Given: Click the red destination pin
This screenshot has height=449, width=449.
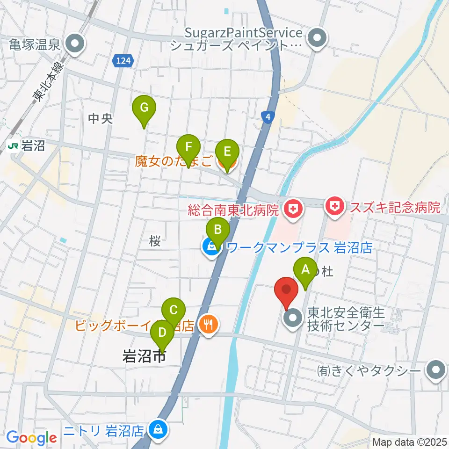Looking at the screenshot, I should [x=287, y=290].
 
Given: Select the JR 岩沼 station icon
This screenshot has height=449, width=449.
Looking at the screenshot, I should [x=13, y=146].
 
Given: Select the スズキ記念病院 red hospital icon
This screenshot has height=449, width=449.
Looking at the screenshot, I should [x=335, y=206].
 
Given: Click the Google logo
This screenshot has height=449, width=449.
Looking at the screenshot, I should [x=31, y=438].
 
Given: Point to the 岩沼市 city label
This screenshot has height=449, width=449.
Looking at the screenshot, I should [x=144, y=357].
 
